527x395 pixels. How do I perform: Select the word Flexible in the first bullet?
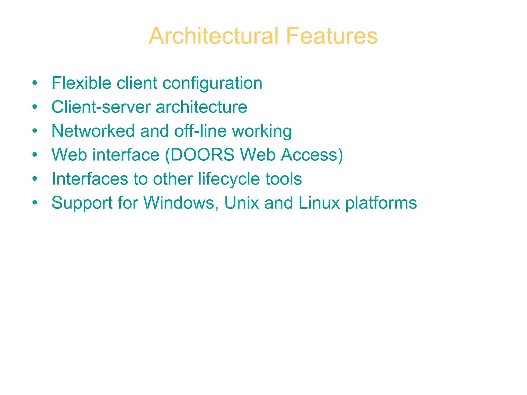[81, 83]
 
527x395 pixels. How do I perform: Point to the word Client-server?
[101, 107]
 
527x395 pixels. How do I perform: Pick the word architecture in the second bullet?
[201, 107]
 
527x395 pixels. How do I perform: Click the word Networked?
[93, 131]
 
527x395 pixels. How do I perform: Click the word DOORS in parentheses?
[202, 155]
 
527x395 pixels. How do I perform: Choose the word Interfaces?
[90, 179]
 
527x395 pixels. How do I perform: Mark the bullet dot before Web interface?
[35, 155]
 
